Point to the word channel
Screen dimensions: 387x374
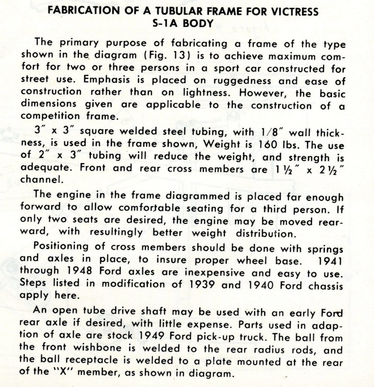tap(41, 180)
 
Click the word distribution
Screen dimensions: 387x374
tap(264, 233)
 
